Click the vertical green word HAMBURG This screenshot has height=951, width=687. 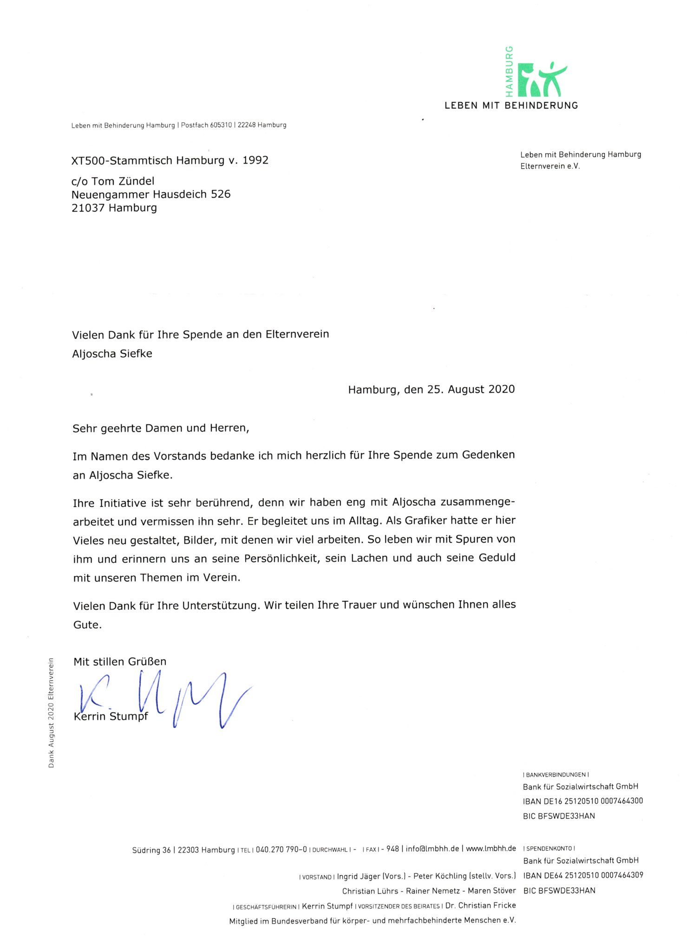(509, 68)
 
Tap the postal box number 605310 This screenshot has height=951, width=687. (221, 125)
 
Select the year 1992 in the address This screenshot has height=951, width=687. (255, 160)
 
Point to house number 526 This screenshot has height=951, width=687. (221, 194)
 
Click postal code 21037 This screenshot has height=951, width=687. (88, 208)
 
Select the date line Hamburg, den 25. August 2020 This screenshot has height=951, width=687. (431, 389)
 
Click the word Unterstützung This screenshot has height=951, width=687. (220, 606)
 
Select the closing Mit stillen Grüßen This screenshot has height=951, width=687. (120, 662)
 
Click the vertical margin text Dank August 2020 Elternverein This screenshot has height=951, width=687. (51, 713)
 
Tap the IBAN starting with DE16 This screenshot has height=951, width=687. (582, 801)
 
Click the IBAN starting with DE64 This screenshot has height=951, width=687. (583, 875)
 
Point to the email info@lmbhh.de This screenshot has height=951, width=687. (432, 849)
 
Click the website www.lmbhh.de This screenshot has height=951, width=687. (491, 848)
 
